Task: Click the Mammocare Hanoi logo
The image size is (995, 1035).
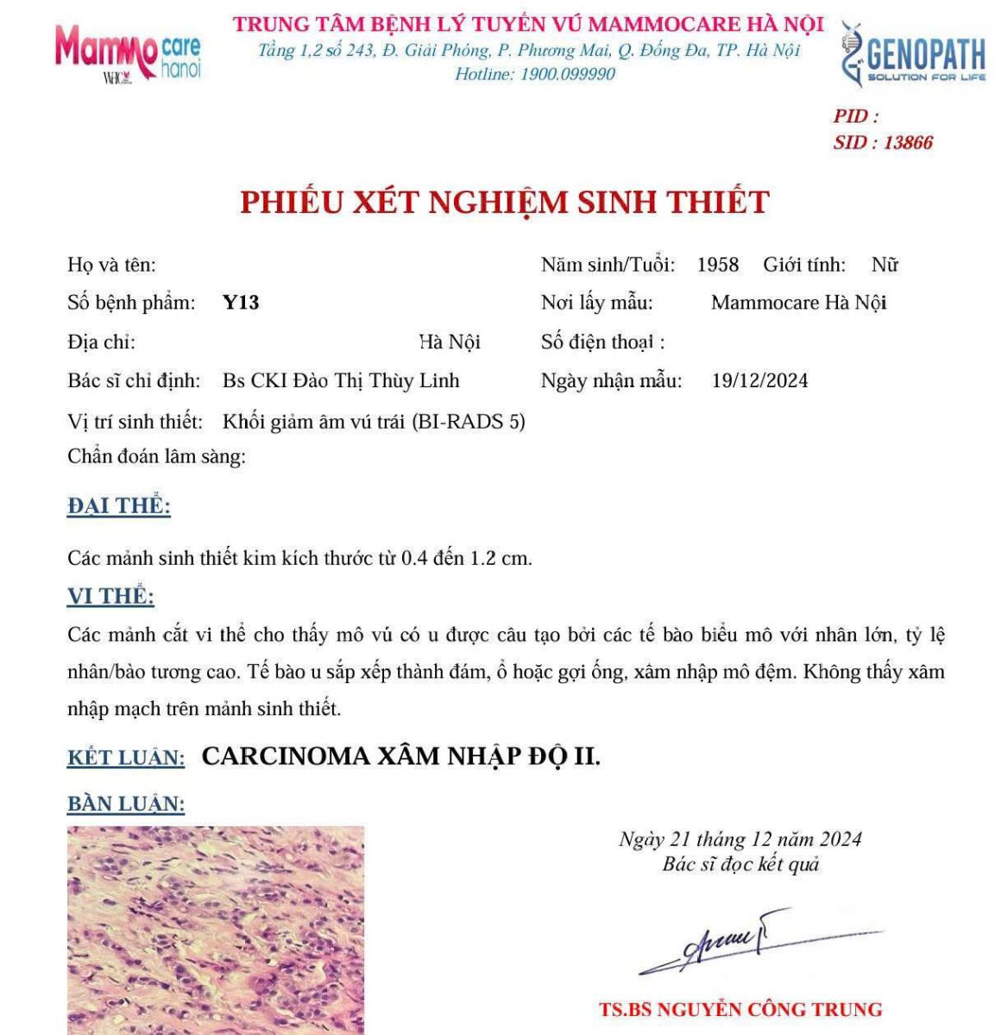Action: [x=128, y=53]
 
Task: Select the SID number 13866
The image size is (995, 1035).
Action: [x=908, y=143]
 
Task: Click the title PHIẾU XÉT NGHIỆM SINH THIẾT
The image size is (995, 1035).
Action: [x=504, y=203]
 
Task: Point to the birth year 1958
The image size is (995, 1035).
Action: [x=718, y=265]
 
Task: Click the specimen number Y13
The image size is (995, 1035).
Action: [x=241, y=303]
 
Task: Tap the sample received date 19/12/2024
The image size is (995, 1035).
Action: [x=759, y=380]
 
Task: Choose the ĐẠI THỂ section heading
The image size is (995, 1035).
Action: [x=119, y=506]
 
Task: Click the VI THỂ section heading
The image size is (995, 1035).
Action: [x=110, y=597]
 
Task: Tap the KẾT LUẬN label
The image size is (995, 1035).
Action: [x=126, y=758]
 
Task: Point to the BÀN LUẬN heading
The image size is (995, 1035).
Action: [x=126, y=804]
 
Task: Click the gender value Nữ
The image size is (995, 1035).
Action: [x=885, y=265]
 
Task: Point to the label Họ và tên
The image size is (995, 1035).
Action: [x=111, y=265]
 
